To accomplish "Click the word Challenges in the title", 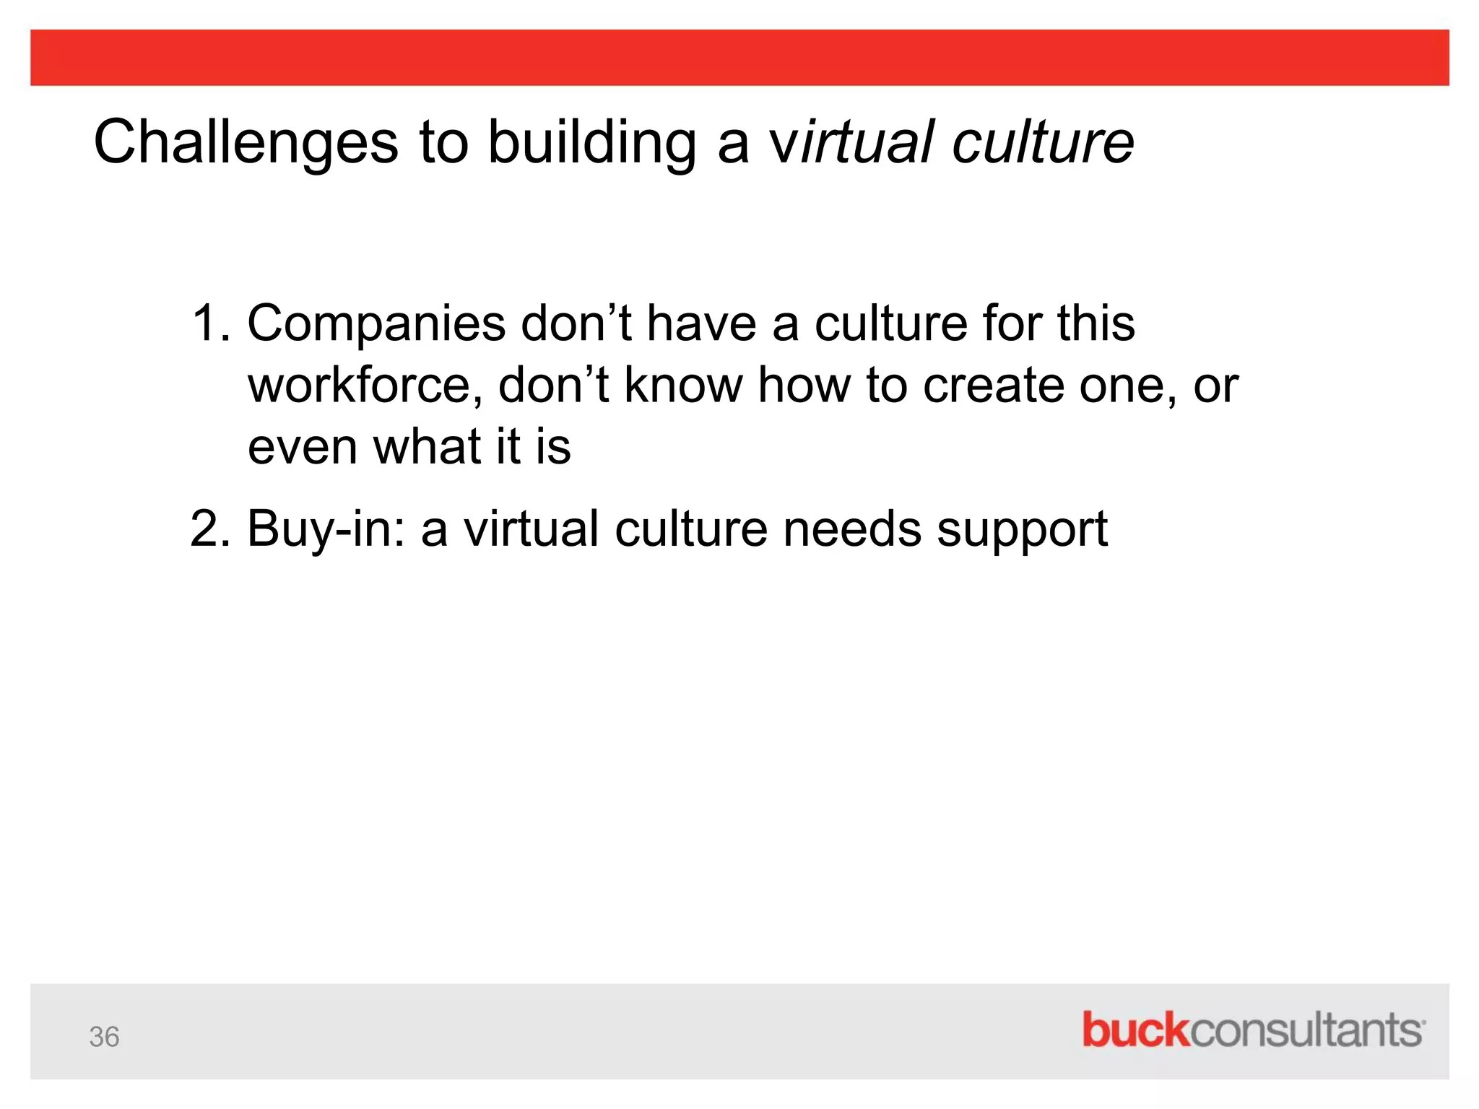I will [246, 142].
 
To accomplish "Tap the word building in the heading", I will [592, 142].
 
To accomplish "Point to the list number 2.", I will [209, 529].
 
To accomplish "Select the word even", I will [303, 447].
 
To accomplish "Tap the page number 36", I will [104, 1037].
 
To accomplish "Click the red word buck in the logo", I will [1135, 1030].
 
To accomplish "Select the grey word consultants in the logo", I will [1305, 1030].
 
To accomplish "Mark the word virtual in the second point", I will [532, 529].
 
